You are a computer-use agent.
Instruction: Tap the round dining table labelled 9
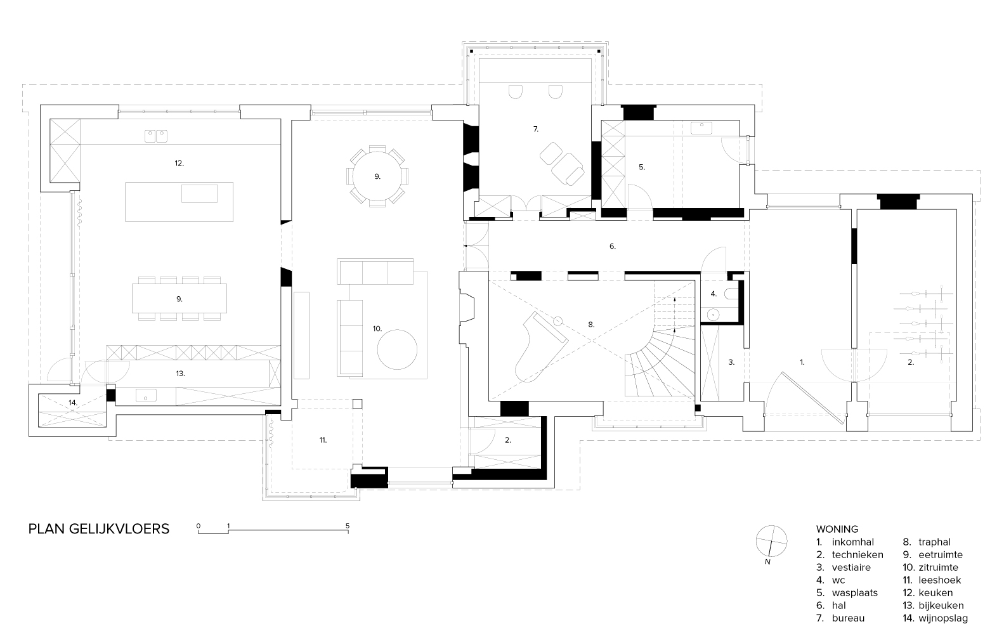(377, 176)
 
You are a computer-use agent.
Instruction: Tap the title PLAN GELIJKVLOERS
(99, 528)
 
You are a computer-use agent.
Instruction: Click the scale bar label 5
(348, 526)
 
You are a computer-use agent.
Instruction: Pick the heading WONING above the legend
(837, 528)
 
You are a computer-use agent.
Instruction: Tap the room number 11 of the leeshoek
(323, 440)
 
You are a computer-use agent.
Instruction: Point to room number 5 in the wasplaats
(642, 167)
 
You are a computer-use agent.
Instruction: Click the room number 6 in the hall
(613, 245)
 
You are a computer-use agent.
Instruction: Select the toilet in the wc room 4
(734, 293)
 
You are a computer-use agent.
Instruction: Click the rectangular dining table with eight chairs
(179, 298)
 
